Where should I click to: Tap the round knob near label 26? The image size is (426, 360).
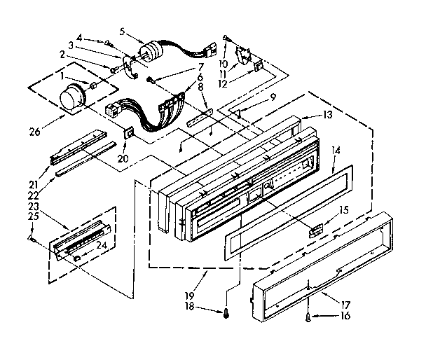pos(71,99)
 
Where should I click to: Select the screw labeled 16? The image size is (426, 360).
pos(309,318)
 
